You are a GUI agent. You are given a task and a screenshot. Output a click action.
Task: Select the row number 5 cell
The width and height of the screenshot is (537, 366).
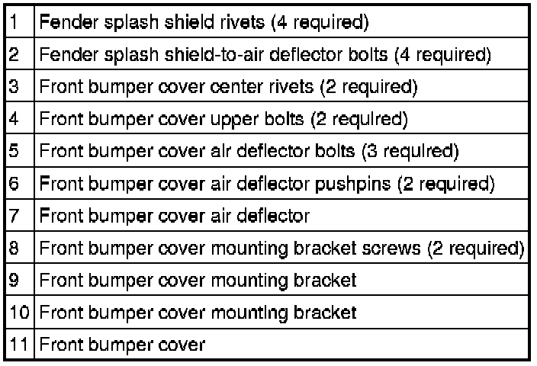click(14, 151)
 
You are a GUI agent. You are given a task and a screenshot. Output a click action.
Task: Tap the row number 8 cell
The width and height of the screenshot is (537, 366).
click(14, 248)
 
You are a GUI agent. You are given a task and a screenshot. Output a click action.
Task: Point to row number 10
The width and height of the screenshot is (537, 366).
click(19, 312)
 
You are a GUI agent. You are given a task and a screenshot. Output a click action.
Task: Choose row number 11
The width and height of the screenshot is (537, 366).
click(19, 345)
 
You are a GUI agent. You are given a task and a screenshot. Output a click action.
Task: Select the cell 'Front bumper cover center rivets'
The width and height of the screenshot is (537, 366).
click(228, 87)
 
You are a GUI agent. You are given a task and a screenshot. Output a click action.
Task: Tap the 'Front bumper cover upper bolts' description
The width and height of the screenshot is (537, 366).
click(223, 119)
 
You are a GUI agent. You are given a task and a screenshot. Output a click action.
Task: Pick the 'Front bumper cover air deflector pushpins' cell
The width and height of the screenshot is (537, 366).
click(267, 184)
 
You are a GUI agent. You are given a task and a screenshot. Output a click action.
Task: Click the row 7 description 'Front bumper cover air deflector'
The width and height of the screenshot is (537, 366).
click(175, 216)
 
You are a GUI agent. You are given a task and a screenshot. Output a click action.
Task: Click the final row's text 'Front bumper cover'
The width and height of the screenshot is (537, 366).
click(122, 345)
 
